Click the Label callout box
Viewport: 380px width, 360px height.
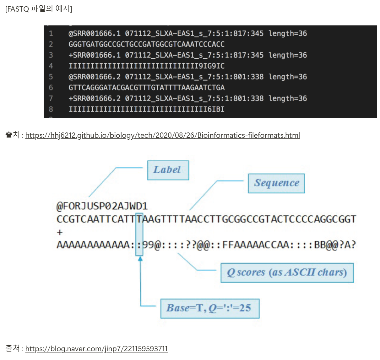click(168, 170)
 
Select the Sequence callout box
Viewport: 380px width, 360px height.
click(276, 183)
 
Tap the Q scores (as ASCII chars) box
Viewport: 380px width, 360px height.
click(287, 272)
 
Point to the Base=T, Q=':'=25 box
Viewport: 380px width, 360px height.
click(210, 308)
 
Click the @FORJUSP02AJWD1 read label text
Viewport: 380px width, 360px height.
click(102, 206)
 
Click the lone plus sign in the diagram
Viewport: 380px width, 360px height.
click(60, 232)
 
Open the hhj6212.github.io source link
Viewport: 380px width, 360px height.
click(162, 135)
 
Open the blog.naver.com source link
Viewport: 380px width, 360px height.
click(96, 349)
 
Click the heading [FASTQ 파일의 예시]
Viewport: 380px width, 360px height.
click(39, 9)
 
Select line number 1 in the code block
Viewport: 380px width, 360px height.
click(51, 34)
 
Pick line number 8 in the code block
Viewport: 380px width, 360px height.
click(51, 109)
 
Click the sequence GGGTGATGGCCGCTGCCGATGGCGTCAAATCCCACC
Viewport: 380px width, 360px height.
click(147, 44)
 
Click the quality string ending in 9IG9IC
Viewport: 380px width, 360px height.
click(147, 66)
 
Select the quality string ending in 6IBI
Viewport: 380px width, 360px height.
click(147, 109)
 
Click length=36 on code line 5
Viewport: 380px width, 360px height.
click(288, 77)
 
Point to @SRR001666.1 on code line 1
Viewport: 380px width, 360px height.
click(95, 34)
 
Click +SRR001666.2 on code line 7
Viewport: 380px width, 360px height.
click(95, 99)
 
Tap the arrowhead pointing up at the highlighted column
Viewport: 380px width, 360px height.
click(140, 259)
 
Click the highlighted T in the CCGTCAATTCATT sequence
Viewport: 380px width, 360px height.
click(139, 219)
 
